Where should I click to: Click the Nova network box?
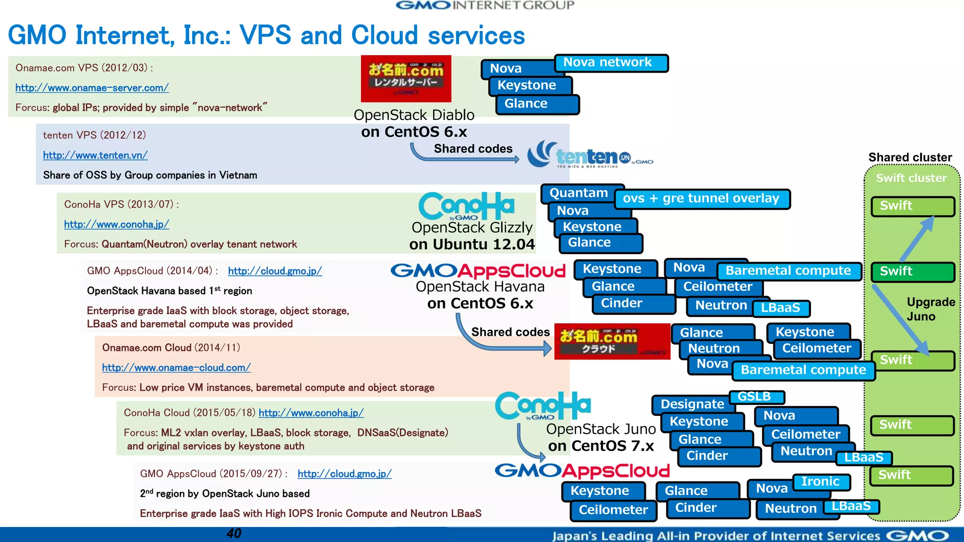[x=611, y=63]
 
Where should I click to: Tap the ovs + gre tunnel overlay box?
[x=701, y=199]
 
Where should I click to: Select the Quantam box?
[x=579, y=193]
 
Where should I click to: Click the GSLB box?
[x=755, y=397]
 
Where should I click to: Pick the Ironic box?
[x=821, y=481]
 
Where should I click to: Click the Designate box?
[x=692, y=404]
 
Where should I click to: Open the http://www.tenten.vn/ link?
[x=95, y=155]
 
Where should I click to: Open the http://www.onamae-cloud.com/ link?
[x=176, y=367]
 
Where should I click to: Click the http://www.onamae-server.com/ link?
[x=92, y=88]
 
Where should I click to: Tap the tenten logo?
[x=588, y=155]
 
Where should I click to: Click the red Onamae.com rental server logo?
[x=406, y=78]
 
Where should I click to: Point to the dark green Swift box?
[x=912, y=271]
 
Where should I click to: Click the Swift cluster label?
[x=911, y=178]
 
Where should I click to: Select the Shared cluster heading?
[x=909, y=157]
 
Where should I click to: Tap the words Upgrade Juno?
[x=930, y=309]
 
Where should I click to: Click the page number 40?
[x=233, y=533]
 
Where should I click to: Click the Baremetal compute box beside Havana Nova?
[x=788, y=271]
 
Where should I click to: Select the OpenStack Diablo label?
[x=414, y=115]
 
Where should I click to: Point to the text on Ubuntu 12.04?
[x=472, y=244]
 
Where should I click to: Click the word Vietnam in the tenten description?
[x=239, y=175]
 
